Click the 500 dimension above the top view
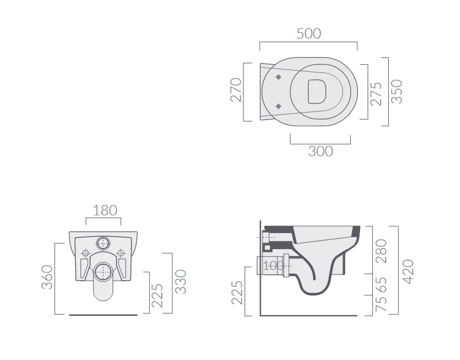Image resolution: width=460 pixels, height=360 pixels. [x=308, y=34]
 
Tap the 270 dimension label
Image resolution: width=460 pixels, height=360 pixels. [x=236, y=90]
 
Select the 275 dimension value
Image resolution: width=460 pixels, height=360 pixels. [x=376, y=94]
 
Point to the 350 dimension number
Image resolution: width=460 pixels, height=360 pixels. [x=397, y=91]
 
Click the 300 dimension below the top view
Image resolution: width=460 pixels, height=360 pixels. [x=320, y=152]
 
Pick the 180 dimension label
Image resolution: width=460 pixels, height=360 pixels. [x=105, y=210]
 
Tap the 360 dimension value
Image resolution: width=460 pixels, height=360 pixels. [x=47, y=277]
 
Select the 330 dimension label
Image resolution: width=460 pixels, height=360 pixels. [x=181, y=282]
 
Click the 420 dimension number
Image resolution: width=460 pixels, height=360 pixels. [x=408, y=272]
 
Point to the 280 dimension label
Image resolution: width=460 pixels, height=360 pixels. [x=381, y=251]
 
